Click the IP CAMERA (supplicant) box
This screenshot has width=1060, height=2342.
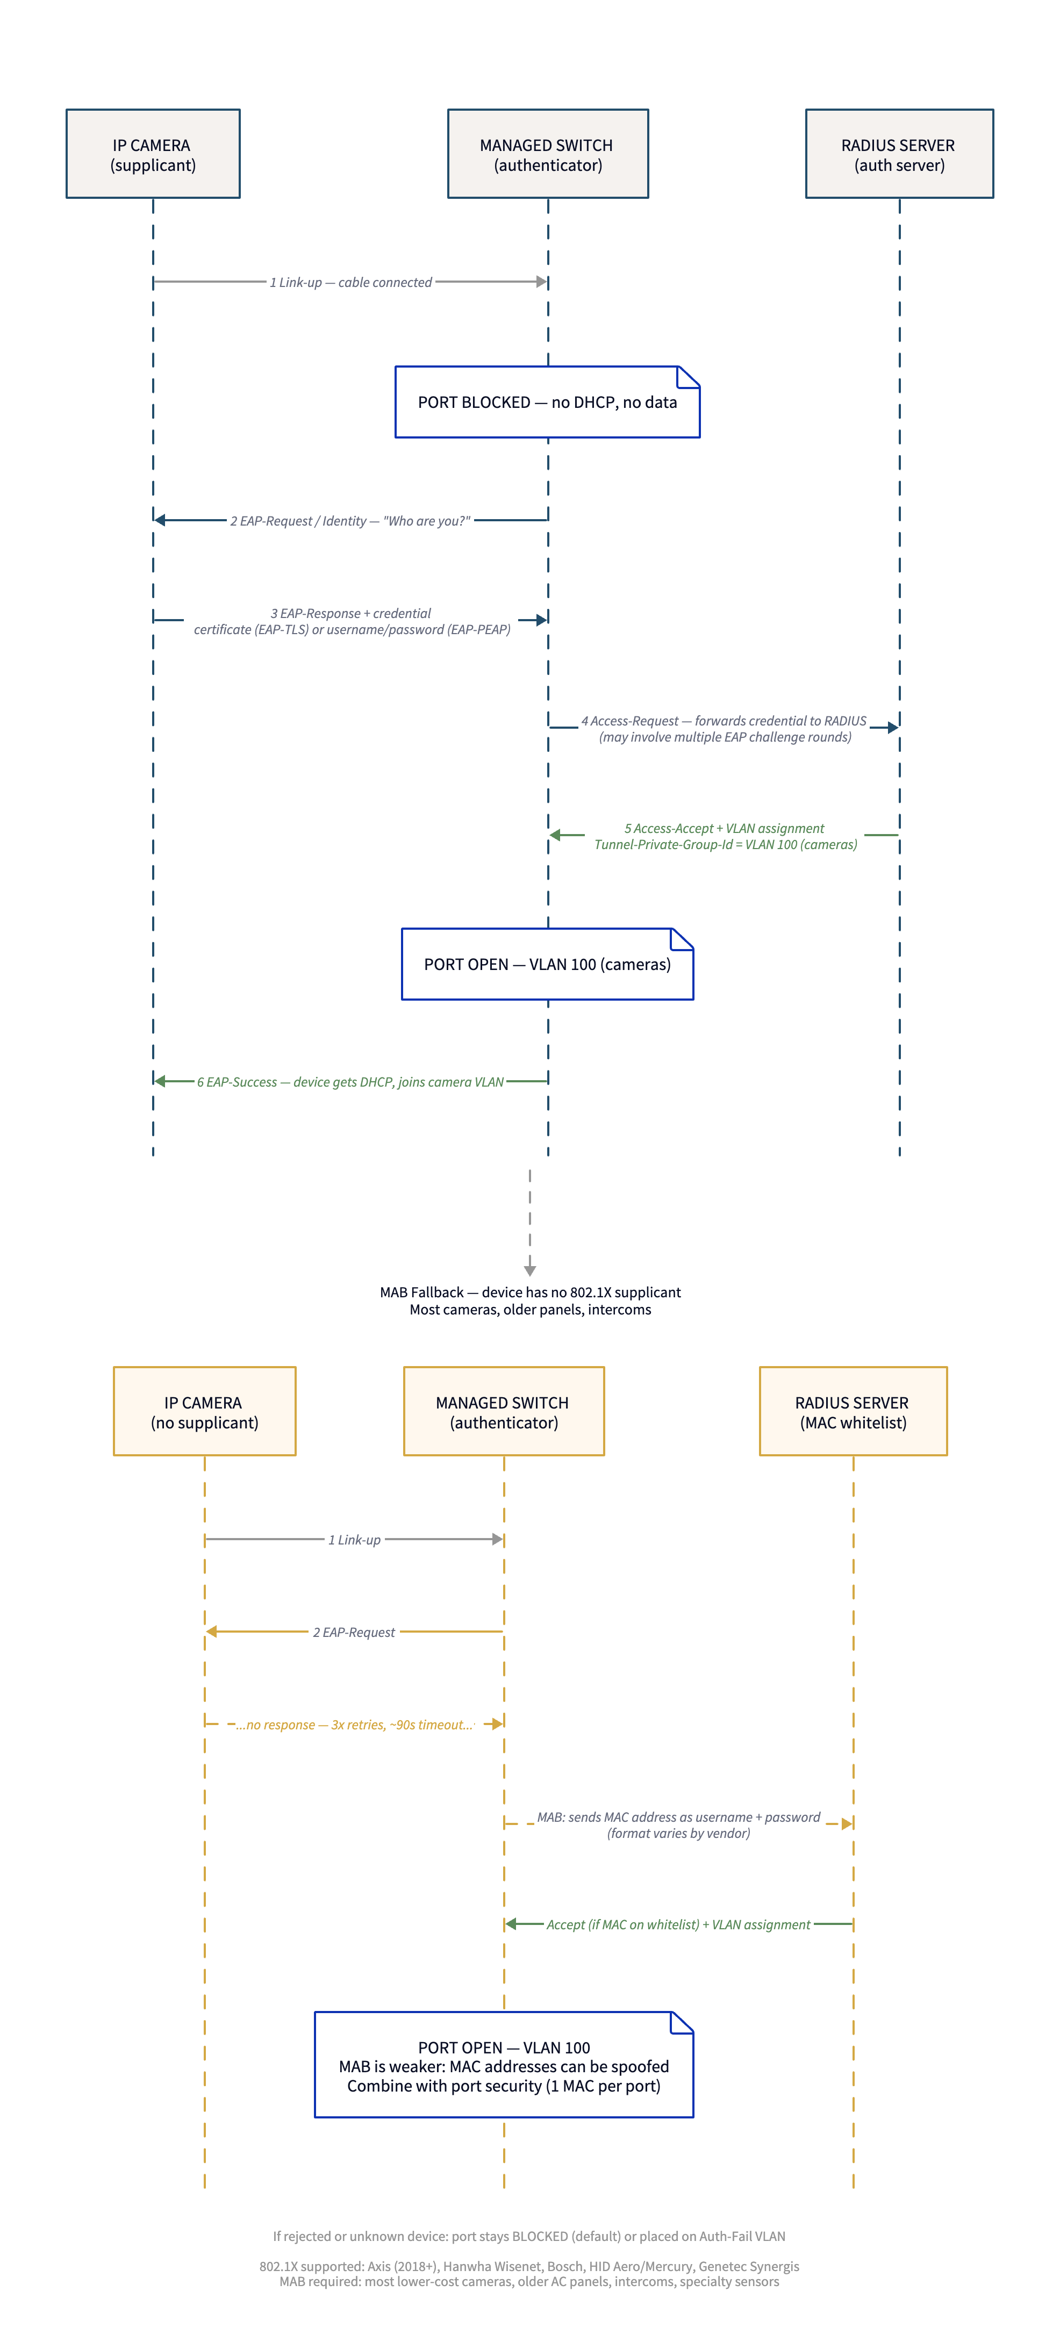pyautogui.click(x=153, y=154)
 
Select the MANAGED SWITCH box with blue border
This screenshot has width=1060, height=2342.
pyautogui.click(x=547, y=154)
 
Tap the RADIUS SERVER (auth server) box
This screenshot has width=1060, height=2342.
pyautogui.click(x=898, y=154)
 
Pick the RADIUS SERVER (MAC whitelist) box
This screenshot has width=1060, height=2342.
pyautogui.click(x=852, y=1411)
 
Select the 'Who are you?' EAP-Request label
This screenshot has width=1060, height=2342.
pyautogui.click(x=350, y=521)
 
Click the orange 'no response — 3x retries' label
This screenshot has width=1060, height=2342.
pyautogui.click(x=355, y=1725)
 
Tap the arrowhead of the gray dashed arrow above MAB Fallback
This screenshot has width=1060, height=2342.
pyautogui.click(x=530, y=1270)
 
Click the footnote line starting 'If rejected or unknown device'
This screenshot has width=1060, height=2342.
pyautogui.click(x=529, y=2236)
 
